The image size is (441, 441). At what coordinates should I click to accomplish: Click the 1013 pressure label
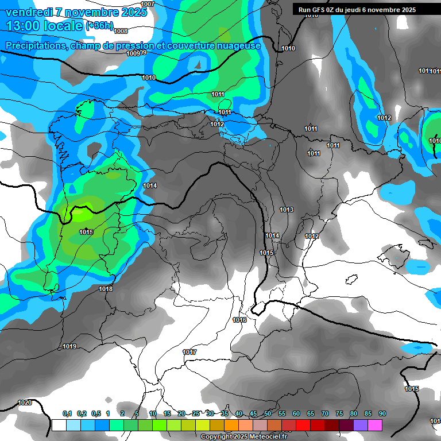(x=287, y=210)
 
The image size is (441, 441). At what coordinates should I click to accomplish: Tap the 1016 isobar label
(x=240, y=320)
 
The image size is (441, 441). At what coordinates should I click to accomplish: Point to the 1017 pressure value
(x=189, y=352)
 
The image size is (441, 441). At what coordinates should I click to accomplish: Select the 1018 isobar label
(x=106, y=289)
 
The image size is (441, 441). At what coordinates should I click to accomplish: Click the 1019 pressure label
(x=69, y=346)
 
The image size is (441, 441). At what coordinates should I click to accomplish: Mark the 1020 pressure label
(x=25, y=403)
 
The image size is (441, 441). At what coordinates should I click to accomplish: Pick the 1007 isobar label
(x=148, y=4)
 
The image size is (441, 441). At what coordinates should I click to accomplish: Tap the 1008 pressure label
(x=121, y=31)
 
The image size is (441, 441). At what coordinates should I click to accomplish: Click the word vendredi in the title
(x=29, y=12)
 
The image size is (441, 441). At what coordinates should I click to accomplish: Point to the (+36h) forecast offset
(x=99, y=26)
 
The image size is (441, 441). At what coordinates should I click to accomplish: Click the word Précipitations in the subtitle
(x=35, y=46)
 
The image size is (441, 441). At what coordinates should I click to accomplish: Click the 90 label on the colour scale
(x=382, y=413)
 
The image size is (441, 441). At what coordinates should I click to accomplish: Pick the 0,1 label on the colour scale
(x=67, y=413)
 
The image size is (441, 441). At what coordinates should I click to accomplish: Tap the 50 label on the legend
(x=268, y=413)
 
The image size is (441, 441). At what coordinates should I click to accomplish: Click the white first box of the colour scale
(x=59, y=425)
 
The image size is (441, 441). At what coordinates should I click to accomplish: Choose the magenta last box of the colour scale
(x=375, y=425)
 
